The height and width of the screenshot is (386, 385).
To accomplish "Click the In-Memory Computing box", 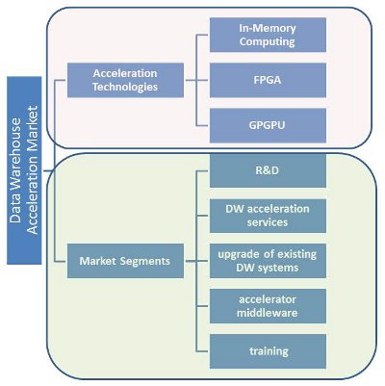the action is [x=268, y=35].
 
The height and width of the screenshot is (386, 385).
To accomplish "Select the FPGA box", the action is [x=268, y=80].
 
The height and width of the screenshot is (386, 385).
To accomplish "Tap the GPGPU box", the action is [x=268, y=125].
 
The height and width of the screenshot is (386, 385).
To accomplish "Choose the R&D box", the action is [x=268, y=170].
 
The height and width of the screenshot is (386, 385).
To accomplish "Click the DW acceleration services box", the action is [x=268, y=216].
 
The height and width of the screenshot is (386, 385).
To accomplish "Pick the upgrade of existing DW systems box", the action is [x=268, y=261].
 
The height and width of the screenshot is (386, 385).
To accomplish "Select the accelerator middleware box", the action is [x=268, y=306].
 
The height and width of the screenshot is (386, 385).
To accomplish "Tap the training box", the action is [x=268, y=351].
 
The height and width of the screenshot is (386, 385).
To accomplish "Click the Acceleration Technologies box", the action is [x=125, y=80].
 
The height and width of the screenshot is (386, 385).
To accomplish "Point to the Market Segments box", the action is [x=125, y=261].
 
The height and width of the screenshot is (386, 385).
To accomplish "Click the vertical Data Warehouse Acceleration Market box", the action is [x=24, y=170].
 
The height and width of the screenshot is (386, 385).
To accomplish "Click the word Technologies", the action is [x=125, y=87].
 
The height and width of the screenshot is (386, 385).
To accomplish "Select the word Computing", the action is [x=268, y=41].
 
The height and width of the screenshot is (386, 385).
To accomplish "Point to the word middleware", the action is [x=268, y=313].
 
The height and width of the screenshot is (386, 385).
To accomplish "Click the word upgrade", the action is [x=240, y=255].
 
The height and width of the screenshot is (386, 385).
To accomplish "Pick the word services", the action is [x=268, y=222].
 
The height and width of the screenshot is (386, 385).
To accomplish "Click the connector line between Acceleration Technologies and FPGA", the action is [x=196, y=80].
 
